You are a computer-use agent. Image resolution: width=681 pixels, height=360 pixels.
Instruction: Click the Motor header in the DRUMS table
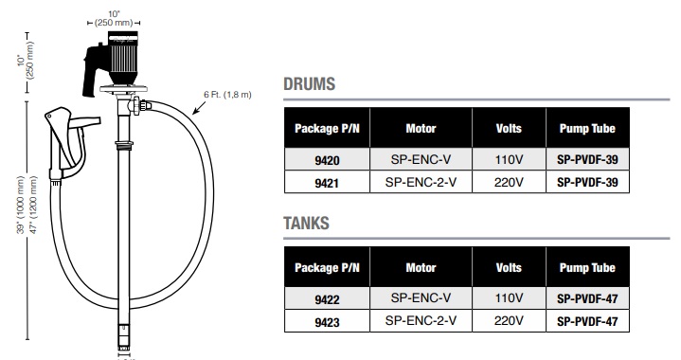(x=421, y=128)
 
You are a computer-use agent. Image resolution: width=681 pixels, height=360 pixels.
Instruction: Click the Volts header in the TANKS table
(x=509, y=267)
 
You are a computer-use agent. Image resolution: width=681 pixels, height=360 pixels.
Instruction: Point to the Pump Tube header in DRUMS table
(x=588, y=128)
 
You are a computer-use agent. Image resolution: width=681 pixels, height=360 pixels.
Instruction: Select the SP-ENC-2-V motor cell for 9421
(x=421, y=182)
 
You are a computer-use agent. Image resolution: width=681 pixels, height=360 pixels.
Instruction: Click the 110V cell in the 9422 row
(x=509, y=298)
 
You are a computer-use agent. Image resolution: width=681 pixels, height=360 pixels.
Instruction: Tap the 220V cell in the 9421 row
(x=509, y=182)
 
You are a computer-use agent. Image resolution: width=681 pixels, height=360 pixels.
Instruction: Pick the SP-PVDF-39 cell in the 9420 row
(x=588, y=160)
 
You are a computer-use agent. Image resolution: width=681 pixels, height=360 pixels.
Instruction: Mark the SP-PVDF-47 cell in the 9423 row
(x=588, y=320)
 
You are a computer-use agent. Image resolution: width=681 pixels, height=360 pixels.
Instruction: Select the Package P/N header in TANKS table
(x=327, y=267)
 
